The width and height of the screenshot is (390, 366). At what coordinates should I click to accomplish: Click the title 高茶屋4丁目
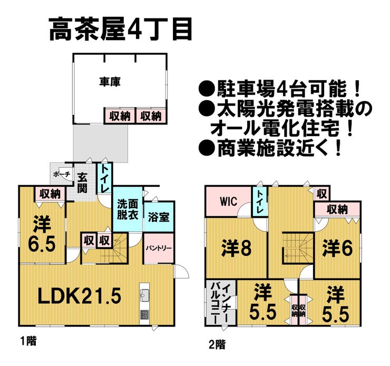[121, 30]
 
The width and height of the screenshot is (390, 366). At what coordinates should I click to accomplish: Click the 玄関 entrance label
[82, 182]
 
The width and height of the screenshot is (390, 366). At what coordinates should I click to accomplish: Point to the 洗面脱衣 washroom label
[127, 210]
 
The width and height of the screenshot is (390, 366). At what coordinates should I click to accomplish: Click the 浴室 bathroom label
[158, 217]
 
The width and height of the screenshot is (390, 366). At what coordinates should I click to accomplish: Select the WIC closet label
[228, 201]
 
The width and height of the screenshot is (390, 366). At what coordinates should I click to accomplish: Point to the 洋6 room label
[338, 246]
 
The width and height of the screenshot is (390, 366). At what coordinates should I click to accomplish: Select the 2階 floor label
[216, 345]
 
